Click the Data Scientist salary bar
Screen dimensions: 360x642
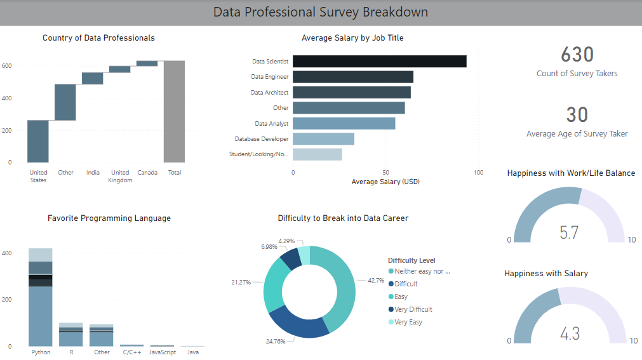[x=379, y=62]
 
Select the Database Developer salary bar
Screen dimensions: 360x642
[x=323, y=139]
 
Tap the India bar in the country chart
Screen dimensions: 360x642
[x=93, y=78]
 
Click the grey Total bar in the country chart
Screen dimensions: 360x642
[x=174, y=112]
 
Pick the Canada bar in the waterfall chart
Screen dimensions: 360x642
[x=147, y=63]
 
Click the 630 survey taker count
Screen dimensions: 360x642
[x=577, y=54]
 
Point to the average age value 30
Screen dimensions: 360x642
[x=577, y=115]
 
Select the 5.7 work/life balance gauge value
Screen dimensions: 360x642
[x=569, y=232]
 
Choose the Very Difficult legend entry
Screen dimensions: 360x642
[x=413, y=309]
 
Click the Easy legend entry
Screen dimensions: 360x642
[x=401, y=297]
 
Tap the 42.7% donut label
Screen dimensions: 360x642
[x=377, y=280]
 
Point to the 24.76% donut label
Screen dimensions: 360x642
[x=276, y=342]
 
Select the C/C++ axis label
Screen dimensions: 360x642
[x=132, y=352]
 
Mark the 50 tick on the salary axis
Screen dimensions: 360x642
[x=385, y=173]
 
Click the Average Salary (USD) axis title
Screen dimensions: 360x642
[x=385, y=182]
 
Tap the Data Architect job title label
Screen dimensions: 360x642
[x=269, y=93]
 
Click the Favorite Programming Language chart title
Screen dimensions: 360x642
[x=109, y=218]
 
